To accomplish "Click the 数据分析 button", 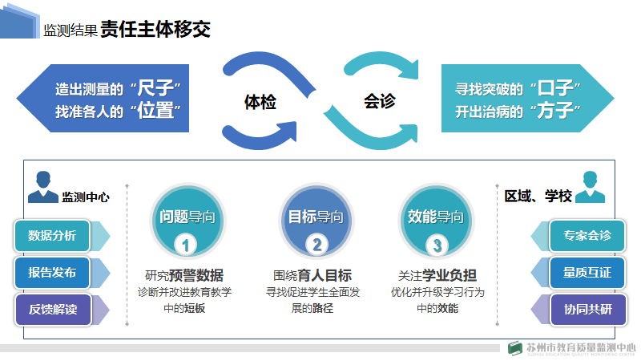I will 52,236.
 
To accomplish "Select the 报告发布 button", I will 52,273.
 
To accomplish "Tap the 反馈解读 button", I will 52,310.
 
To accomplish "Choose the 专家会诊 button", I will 587,236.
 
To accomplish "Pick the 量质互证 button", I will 587,273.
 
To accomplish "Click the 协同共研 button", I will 587,310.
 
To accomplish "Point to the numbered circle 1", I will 186,245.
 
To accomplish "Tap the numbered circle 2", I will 316,245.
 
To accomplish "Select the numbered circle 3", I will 437,245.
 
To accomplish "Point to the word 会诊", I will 379,102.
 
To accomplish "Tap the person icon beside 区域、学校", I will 592,186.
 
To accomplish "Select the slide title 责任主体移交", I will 155,30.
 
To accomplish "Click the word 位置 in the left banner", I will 155,111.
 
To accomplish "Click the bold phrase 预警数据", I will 196,275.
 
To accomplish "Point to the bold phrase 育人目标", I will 325,275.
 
